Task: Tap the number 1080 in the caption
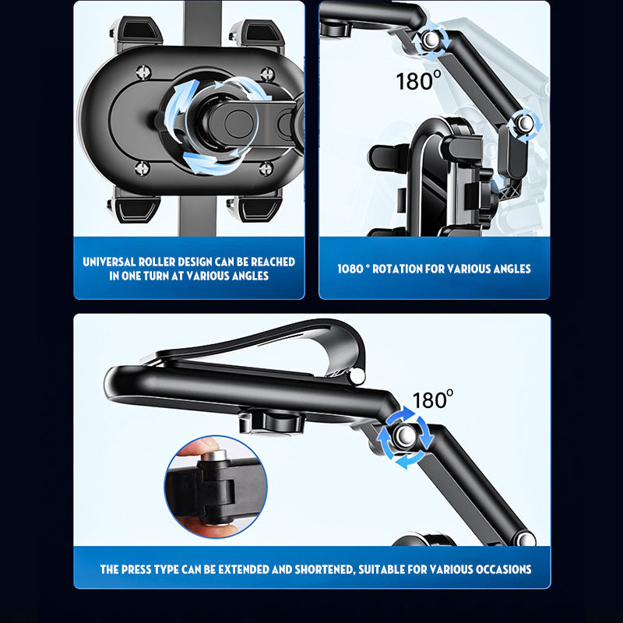click(351, 269)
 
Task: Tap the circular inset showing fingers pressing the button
click(216, 486)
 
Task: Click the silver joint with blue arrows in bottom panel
click(404, 438)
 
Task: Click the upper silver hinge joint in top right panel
click(432, 40)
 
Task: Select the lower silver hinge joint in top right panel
click(527, 122)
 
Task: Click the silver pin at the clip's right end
click(357, 377)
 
